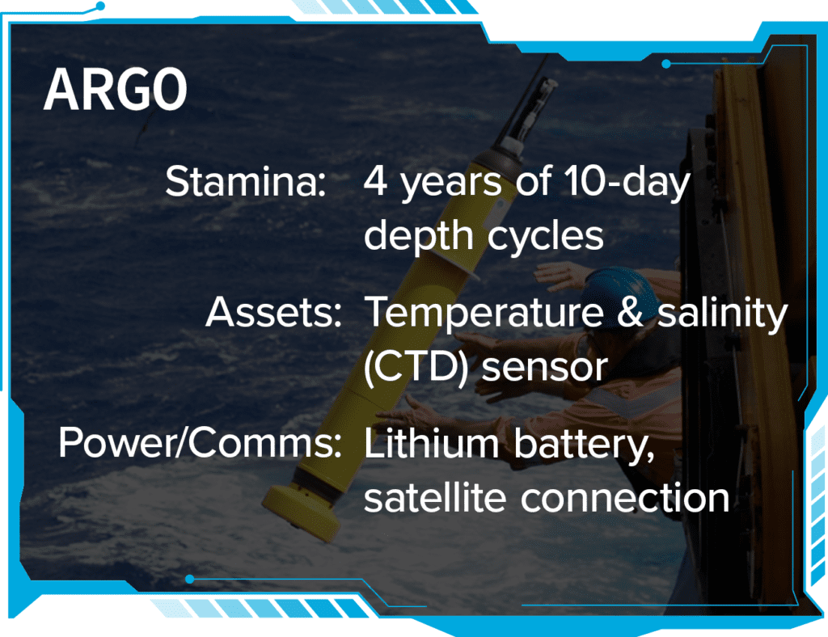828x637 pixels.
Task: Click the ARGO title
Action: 115,89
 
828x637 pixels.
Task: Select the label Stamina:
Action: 246,182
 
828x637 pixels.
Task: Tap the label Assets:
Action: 273,312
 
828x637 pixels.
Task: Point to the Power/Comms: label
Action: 201,442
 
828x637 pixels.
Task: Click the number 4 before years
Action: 375,181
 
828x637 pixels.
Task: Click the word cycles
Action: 545,236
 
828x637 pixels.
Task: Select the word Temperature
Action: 484,314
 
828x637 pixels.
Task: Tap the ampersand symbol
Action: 630,311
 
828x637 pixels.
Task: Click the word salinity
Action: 722,314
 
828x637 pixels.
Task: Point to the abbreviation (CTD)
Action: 416,367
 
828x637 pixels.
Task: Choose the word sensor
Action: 545,369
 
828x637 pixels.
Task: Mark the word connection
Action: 625,497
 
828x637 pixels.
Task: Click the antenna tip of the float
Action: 551,83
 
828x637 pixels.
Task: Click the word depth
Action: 418,236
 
